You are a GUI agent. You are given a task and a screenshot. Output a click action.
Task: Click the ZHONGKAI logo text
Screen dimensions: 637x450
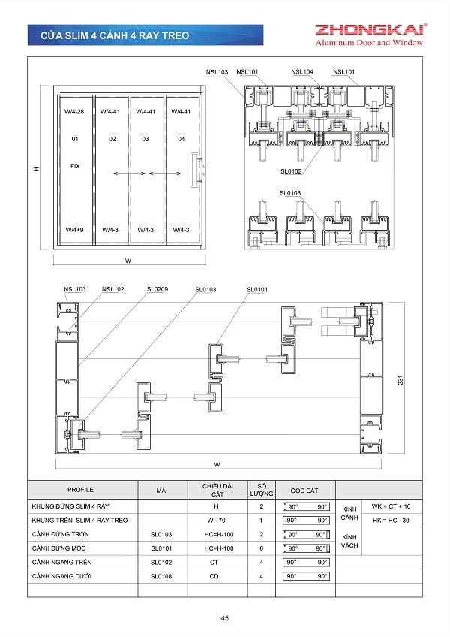[370, 30]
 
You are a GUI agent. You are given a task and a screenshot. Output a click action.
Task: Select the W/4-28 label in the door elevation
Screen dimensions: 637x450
[74, 111]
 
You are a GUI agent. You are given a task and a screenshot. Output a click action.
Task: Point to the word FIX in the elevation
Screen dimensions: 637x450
[75, 166]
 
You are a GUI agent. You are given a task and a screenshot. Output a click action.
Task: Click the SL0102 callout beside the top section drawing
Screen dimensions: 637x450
[291, 171]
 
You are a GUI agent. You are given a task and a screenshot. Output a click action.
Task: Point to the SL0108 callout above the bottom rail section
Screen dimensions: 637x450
[290, 193]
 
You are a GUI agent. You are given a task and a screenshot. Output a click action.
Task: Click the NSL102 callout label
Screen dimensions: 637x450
[113, 289]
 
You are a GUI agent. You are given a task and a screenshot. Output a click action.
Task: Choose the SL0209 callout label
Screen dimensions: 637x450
[157, 289]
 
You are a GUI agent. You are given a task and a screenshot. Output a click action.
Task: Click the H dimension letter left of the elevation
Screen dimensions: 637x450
[35, 171]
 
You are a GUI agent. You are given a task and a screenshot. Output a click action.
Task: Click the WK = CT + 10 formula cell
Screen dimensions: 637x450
[391, 506]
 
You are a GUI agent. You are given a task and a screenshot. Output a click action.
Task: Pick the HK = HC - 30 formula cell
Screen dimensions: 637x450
[391, 520]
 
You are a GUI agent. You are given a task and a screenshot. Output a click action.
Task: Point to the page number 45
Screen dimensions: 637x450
[224, 618]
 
